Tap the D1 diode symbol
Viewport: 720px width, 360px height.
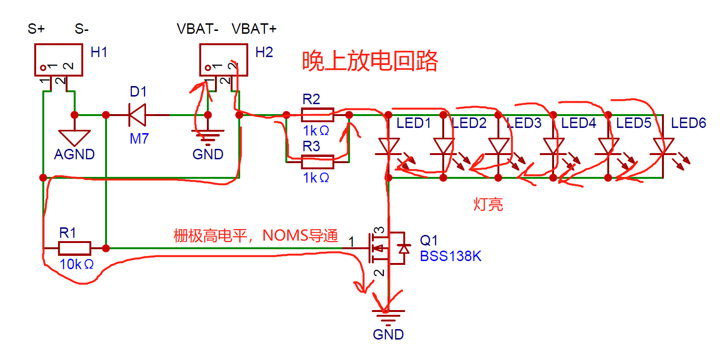click(137, 115)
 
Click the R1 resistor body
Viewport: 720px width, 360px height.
click(75, 248)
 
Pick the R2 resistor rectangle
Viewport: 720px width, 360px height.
click(318, 115)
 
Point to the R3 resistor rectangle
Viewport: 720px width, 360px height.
click(318, 162)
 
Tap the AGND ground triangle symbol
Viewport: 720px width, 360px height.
click(74, 138)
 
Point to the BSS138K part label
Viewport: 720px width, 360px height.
click(451, 256)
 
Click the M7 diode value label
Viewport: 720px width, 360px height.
click(139, 138)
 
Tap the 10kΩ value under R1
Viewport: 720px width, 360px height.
click(77, 264)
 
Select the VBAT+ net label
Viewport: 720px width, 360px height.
click(254, 29)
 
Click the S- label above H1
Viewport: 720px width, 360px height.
click(82, 29)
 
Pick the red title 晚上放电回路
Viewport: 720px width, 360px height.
click(370, 60)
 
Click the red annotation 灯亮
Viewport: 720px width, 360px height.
click(488, 204)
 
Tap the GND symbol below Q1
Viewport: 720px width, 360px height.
click(388, 316)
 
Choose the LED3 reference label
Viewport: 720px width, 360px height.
click(524, 123)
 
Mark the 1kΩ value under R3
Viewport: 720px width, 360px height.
click(316, 178)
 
